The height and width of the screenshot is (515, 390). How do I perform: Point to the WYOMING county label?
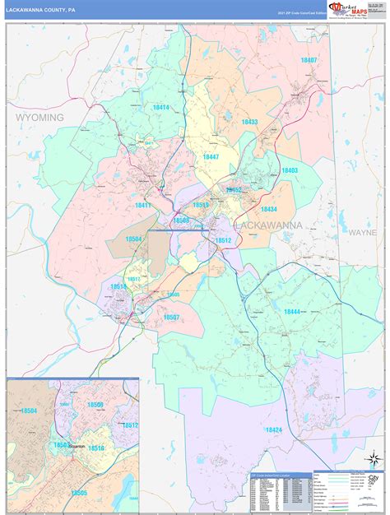click(x=39, y=118)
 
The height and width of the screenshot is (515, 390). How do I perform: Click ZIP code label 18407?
click(x=309, y=61)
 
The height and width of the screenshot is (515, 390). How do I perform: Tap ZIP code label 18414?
click(x=160, y=108)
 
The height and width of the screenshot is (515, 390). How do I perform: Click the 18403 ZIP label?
click(x=290, y=170)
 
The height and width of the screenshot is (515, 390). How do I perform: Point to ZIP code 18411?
click(x=144, y=205)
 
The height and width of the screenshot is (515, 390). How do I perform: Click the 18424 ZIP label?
click(x=274, y=429)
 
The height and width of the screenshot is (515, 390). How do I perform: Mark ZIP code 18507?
click(x=171, y=317)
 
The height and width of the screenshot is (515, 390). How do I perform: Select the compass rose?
click(x=373, y=459)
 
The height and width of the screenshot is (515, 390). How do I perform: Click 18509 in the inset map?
click(x=95, y=405)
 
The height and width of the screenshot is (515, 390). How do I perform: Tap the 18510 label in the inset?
click(x=96, y=448)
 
